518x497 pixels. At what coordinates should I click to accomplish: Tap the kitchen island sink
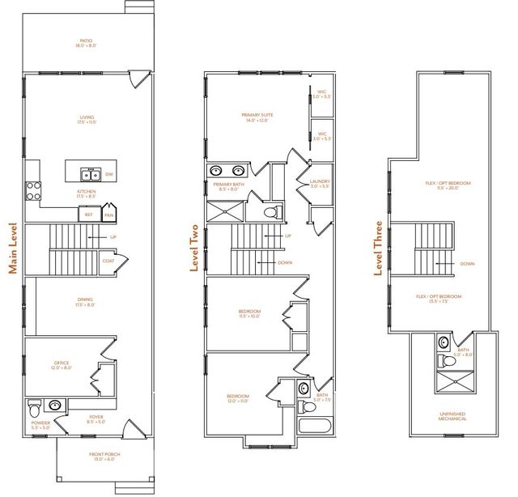(x=89, y=174)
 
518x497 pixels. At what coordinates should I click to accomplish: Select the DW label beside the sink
(x=108, y=174)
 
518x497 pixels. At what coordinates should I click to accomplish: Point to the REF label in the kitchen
(x=88, y=215)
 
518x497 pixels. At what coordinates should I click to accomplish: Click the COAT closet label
(x=108, y=260)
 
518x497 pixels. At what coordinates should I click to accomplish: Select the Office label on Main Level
(x=61, y=365)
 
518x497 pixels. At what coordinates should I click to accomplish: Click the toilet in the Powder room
(x=35, y=406)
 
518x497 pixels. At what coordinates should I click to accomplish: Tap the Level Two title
(x=194, y=248)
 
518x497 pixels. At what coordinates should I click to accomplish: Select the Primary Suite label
(x=257, y=118)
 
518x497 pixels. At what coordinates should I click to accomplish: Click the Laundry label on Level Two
(x=321, y=183)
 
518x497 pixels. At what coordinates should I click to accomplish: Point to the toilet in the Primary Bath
(x=273, y=213)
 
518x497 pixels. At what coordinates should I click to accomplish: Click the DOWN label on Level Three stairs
(x=467, y=264)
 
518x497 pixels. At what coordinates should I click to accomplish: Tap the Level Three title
(x=377, y=247)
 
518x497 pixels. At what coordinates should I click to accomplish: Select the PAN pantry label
(x=108, y=215)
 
